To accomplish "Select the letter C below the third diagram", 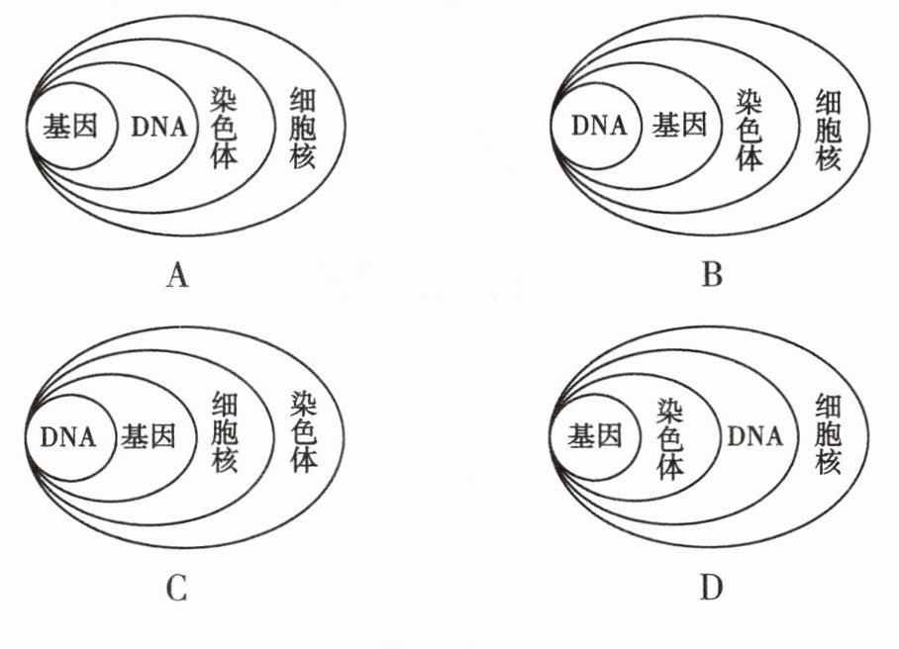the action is pos(177,591).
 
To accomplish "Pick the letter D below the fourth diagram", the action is pos(711,591).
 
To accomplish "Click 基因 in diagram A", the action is pos(69,127).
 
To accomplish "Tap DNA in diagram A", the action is pos(159,128).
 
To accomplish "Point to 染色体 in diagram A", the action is pos(225,127).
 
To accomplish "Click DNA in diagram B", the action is pos(600,126).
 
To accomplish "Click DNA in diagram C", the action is pos(67,437).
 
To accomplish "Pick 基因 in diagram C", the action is pos(150,436).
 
